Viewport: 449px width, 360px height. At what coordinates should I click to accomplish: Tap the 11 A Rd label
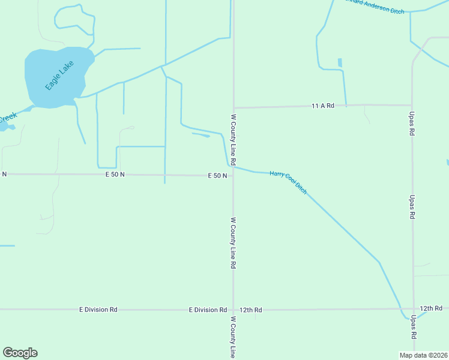(322, 106)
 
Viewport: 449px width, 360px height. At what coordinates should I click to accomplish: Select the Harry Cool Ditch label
(288, 182)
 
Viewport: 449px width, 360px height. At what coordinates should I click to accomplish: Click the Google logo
(20, 353)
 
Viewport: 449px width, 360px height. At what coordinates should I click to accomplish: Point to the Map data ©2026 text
(424, 355)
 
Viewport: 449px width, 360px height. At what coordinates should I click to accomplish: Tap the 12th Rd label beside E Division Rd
(251, 310)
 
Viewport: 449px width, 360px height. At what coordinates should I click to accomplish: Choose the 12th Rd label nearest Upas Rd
(431, 308)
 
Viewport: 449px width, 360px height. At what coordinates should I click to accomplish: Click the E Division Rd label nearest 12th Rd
(208, 310)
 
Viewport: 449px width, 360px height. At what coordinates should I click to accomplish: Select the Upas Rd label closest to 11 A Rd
(412, 124)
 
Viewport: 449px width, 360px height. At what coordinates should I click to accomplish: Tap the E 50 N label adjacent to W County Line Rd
(217, 176)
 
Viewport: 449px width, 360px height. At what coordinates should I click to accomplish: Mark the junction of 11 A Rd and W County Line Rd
(234, 107)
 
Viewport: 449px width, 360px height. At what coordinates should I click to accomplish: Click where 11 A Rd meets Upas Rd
(412, 105)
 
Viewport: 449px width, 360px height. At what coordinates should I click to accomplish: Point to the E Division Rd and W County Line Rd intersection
(234, 310)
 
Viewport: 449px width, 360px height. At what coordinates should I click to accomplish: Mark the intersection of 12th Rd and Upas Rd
(413, 309)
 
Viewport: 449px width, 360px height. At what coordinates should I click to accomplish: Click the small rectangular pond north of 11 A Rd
(340, 62)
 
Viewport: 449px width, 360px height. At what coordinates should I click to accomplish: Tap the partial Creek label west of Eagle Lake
(7, 118)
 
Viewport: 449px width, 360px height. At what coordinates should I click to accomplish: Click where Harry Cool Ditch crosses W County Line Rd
(234, 167)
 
